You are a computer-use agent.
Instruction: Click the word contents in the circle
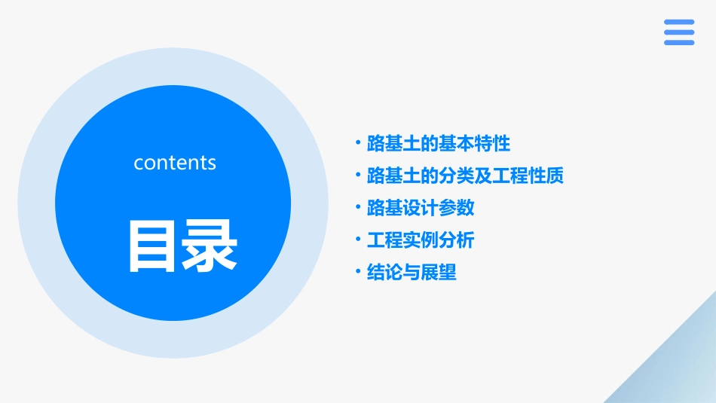click(x=175, y=163)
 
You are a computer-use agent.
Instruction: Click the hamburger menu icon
click(x=679, y=32)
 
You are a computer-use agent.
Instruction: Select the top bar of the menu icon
click(x=679, y=22)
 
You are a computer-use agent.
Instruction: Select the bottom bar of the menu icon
click(x=679, y=43)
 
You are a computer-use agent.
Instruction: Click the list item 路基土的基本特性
click(x=438, y=143)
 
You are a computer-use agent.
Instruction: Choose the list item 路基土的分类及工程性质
click(x=465, y=176)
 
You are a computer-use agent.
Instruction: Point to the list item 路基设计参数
click(x=420, y=208)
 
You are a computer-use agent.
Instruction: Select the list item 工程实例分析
click(x=420, y=240)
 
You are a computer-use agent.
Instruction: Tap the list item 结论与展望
click(x=411, y=273)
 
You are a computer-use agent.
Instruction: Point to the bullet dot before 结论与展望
click(x=358, y=271)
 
